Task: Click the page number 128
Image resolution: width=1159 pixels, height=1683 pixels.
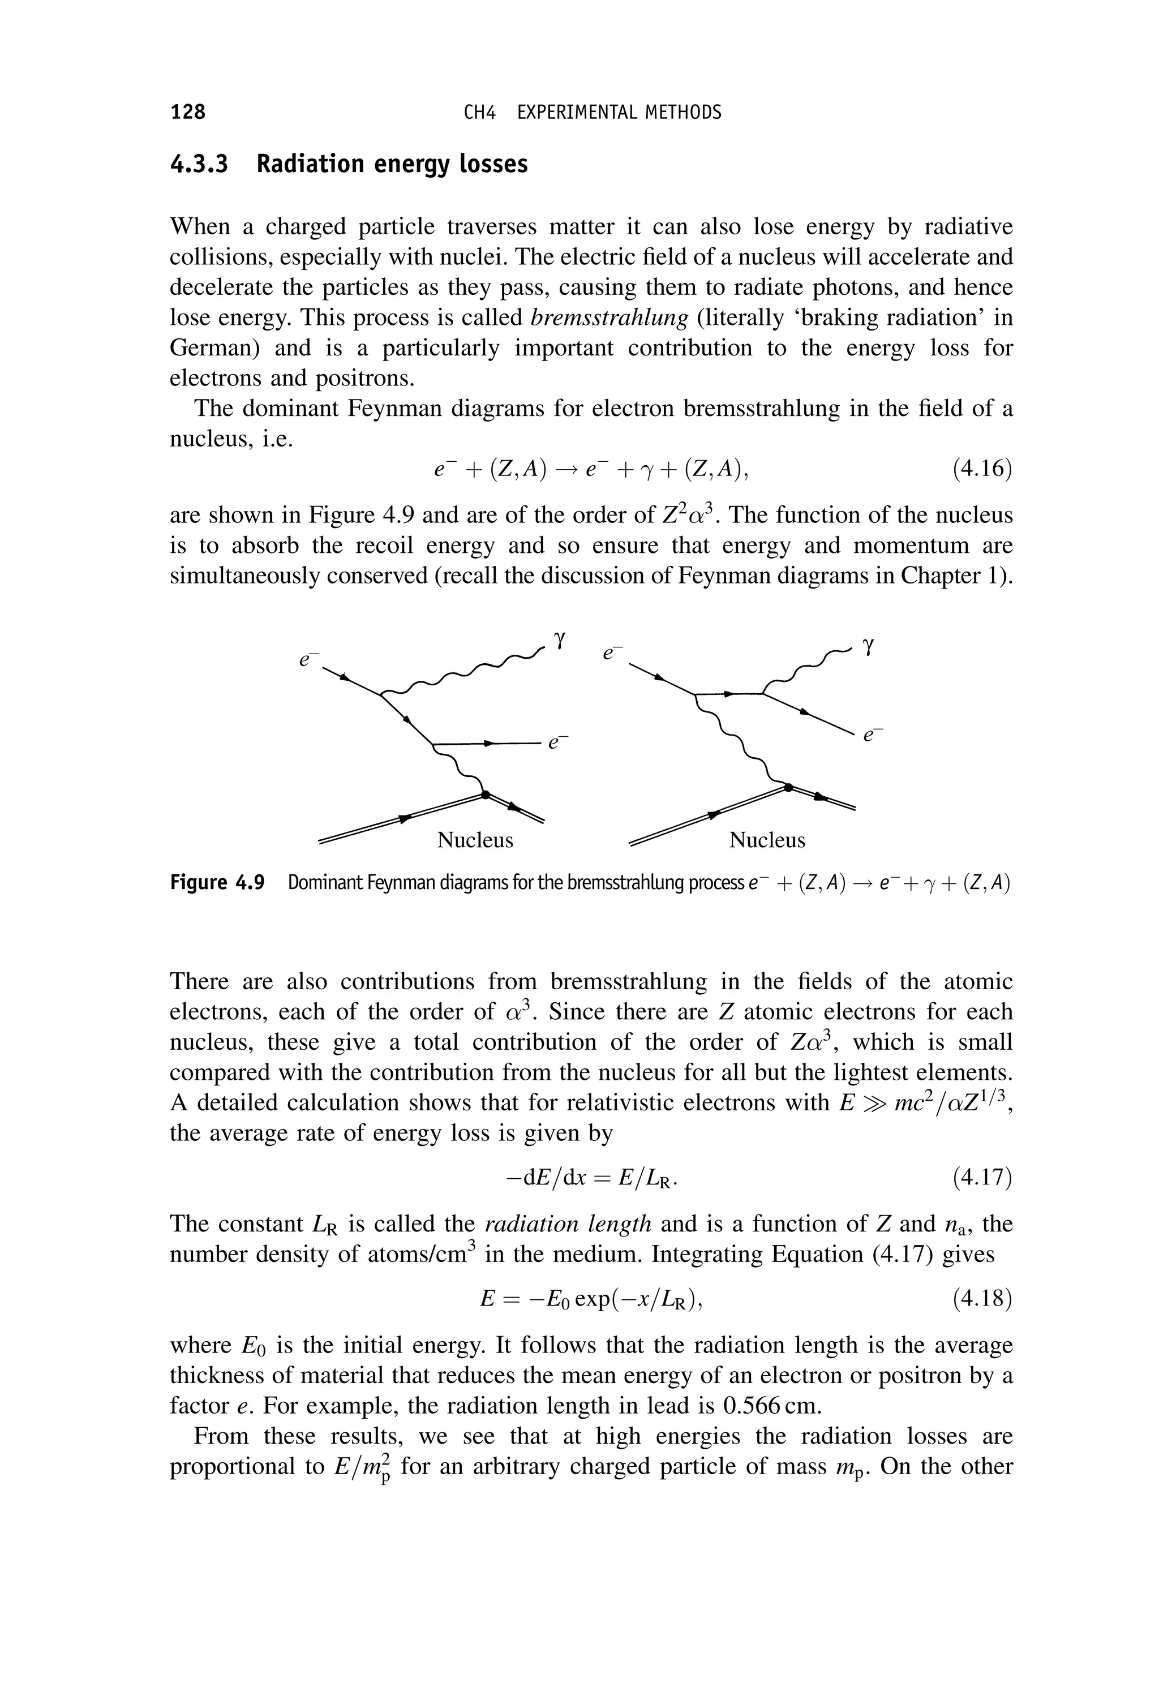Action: tap(188, 112)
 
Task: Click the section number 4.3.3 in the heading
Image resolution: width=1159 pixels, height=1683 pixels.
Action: tap(198, 164)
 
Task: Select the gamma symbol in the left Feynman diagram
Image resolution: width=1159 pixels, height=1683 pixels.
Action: tap(559, 639)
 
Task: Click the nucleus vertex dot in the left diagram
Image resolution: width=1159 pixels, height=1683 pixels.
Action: tap(484, 795)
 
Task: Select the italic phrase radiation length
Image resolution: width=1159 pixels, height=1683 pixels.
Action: tap(568, 1224)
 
